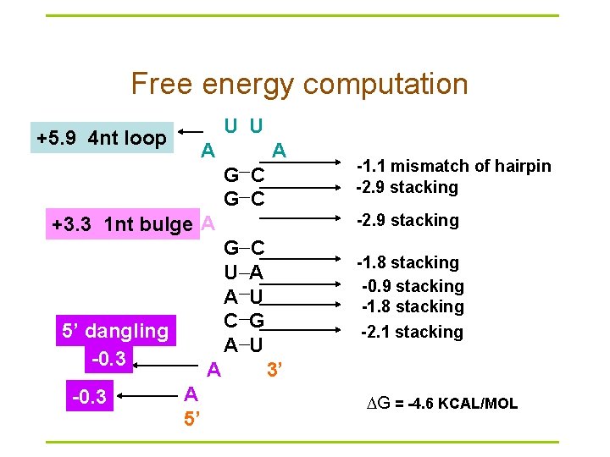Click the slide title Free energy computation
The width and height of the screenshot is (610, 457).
(x=299, y=84)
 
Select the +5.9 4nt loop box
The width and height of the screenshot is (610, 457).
(x=101, y=137)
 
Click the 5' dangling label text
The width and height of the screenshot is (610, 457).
(x=114, y=331)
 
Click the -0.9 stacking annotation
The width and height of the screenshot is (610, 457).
(x=413, y=286)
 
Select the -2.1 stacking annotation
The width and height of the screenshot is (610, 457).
(x=412, y=332)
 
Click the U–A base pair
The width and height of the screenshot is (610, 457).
(x=244, y=273)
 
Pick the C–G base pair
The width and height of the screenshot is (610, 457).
(x=244, y=321)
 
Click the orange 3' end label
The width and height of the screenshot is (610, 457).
(x=274, y=370)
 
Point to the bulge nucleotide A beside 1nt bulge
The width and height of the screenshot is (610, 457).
(x=208, y=224)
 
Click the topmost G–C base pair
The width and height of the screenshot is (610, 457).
(x=244, y=176)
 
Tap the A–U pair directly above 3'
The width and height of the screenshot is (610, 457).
(x=244, y=344)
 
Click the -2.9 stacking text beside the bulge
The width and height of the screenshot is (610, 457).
(x=408, y=220)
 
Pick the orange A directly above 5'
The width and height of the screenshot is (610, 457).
(x=191, y=394)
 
